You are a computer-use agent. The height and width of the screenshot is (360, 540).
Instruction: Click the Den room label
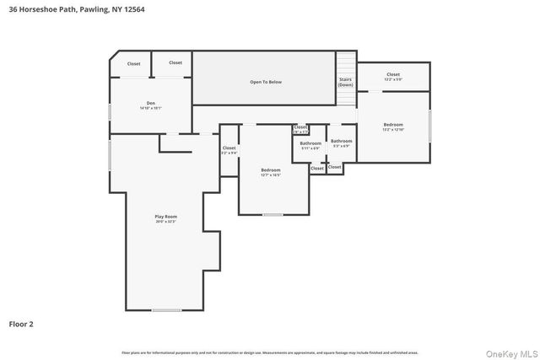[x=149, y=103]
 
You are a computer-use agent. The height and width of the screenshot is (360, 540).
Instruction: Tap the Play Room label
[x=165, y=217]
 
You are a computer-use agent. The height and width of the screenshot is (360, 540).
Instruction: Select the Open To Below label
[x=265, y=83]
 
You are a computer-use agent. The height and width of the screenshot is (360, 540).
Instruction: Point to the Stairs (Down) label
[x=346, y=83]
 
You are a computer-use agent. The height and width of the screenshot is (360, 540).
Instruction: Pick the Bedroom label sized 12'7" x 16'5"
[x=270, y=169]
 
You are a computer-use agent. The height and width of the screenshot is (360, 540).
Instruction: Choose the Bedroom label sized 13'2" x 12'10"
[x=393, y=125]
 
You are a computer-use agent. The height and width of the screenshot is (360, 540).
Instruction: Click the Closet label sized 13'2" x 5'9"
[x=393, y=74]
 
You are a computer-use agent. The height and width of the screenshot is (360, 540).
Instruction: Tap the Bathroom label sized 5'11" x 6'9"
[x=310, y=143]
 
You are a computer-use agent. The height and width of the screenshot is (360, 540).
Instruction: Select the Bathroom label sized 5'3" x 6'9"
[x=341, y=141]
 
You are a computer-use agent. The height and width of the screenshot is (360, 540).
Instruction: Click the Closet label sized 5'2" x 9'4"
[x=229, y=148]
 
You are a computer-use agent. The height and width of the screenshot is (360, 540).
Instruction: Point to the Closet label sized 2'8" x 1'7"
[x=300, y=127]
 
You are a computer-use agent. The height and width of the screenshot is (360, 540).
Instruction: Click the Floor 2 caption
[x=21, y=323]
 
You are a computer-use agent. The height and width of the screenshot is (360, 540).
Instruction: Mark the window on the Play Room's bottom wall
[x=166, y=310]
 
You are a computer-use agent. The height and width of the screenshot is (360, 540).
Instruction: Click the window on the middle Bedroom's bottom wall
[x=273, y=215]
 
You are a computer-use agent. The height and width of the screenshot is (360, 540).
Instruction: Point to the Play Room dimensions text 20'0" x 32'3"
[x=165, y=222]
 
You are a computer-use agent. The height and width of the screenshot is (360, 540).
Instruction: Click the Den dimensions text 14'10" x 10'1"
[x=149, y=108]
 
